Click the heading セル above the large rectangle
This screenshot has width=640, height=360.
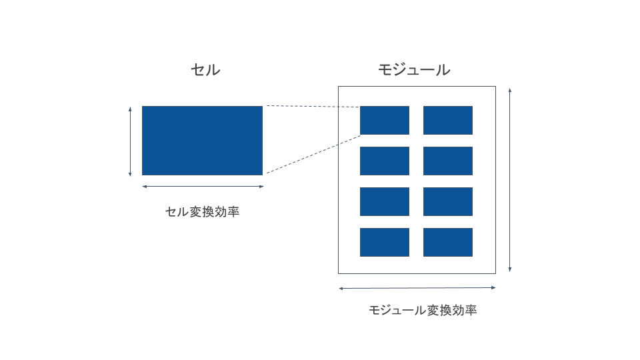(205, 70)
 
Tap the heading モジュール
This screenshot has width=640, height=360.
(414, 70)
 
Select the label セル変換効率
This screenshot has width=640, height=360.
(202, 213)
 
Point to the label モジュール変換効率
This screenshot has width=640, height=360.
(423, 311)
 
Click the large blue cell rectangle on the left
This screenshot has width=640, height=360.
(202, 140)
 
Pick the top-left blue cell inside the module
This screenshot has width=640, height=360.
(385, 120)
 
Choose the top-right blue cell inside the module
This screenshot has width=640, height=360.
(448, 120)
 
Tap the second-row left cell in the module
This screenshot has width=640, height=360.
(385, 161)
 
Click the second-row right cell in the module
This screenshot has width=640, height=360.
(448, 161)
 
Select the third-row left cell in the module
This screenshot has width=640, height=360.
(385, 201)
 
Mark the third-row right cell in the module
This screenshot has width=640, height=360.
(448, 201)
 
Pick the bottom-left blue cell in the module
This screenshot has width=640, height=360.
(385, 242)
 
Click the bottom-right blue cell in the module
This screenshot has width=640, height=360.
(448, 242)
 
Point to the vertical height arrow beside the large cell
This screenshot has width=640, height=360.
(130, 141)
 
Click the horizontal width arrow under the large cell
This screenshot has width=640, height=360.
(203, 187)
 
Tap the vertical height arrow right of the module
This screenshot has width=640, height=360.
(510, 180)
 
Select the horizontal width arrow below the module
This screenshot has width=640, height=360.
(417, 288)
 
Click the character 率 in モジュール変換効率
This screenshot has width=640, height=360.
(471, 311)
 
